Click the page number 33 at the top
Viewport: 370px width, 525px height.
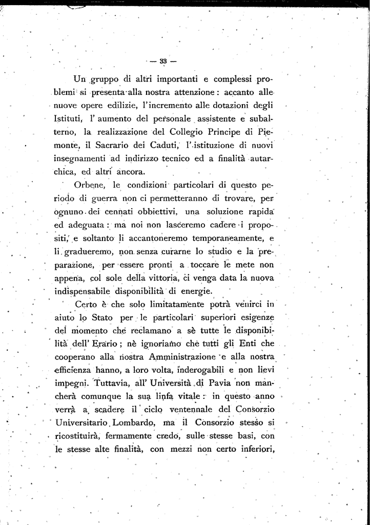point(163,60)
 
